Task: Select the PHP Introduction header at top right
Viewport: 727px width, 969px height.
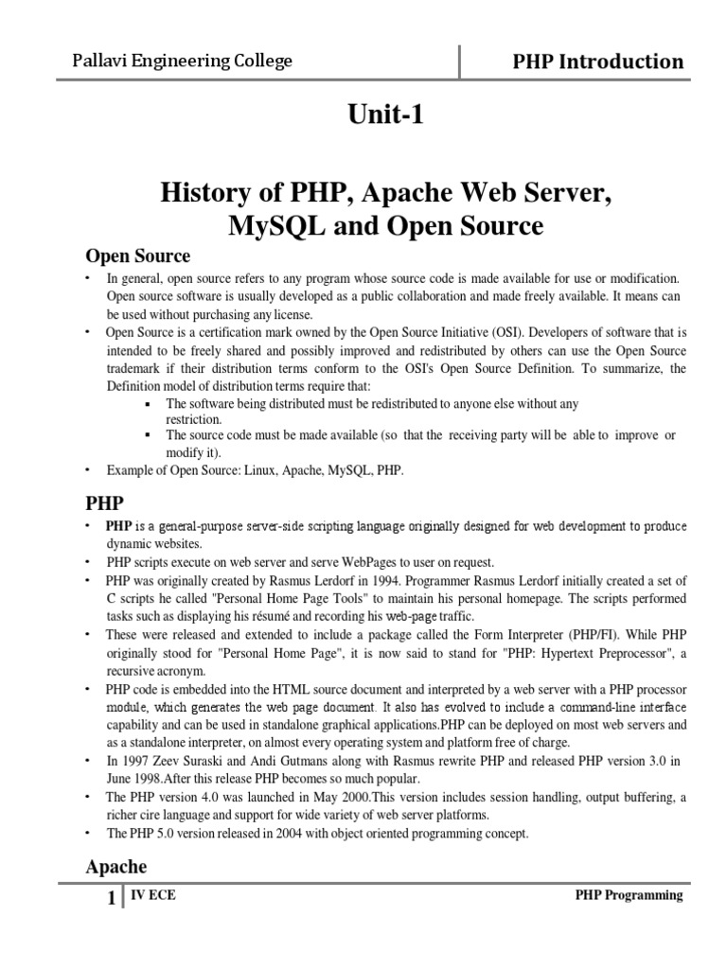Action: coord(597,62)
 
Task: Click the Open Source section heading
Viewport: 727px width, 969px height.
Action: coord(138,255)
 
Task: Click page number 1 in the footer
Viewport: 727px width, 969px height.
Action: coord(111,899)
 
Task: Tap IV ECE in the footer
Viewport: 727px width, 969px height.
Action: coord(151,896)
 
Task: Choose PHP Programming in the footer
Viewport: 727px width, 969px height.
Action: coord(629,896)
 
